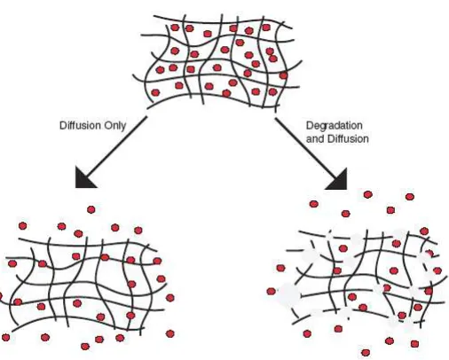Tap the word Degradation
point(335,126)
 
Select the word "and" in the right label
point(315,138)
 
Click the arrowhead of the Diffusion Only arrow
point(84,179)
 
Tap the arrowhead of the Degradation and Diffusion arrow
point(338,181)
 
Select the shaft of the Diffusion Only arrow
point(117,145)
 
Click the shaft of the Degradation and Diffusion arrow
point(306,147)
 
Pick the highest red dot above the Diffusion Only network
point(91,209)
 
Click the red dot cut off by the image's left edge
point(1,296)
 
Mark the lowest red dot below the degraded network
point(366,353)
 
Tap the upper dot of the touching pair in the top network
point(270,51)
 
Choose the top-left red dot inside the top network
point(175,27)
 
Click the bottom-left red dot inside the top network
point(155,93)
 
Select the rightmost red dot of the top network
point(283,75)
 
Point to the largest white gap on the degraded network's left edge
point(288,293)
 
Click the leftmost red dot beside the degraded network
point(271,292)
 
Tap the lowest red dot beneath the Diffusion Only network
point(85,346)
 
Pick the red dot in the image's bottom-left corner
point(5,337)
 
